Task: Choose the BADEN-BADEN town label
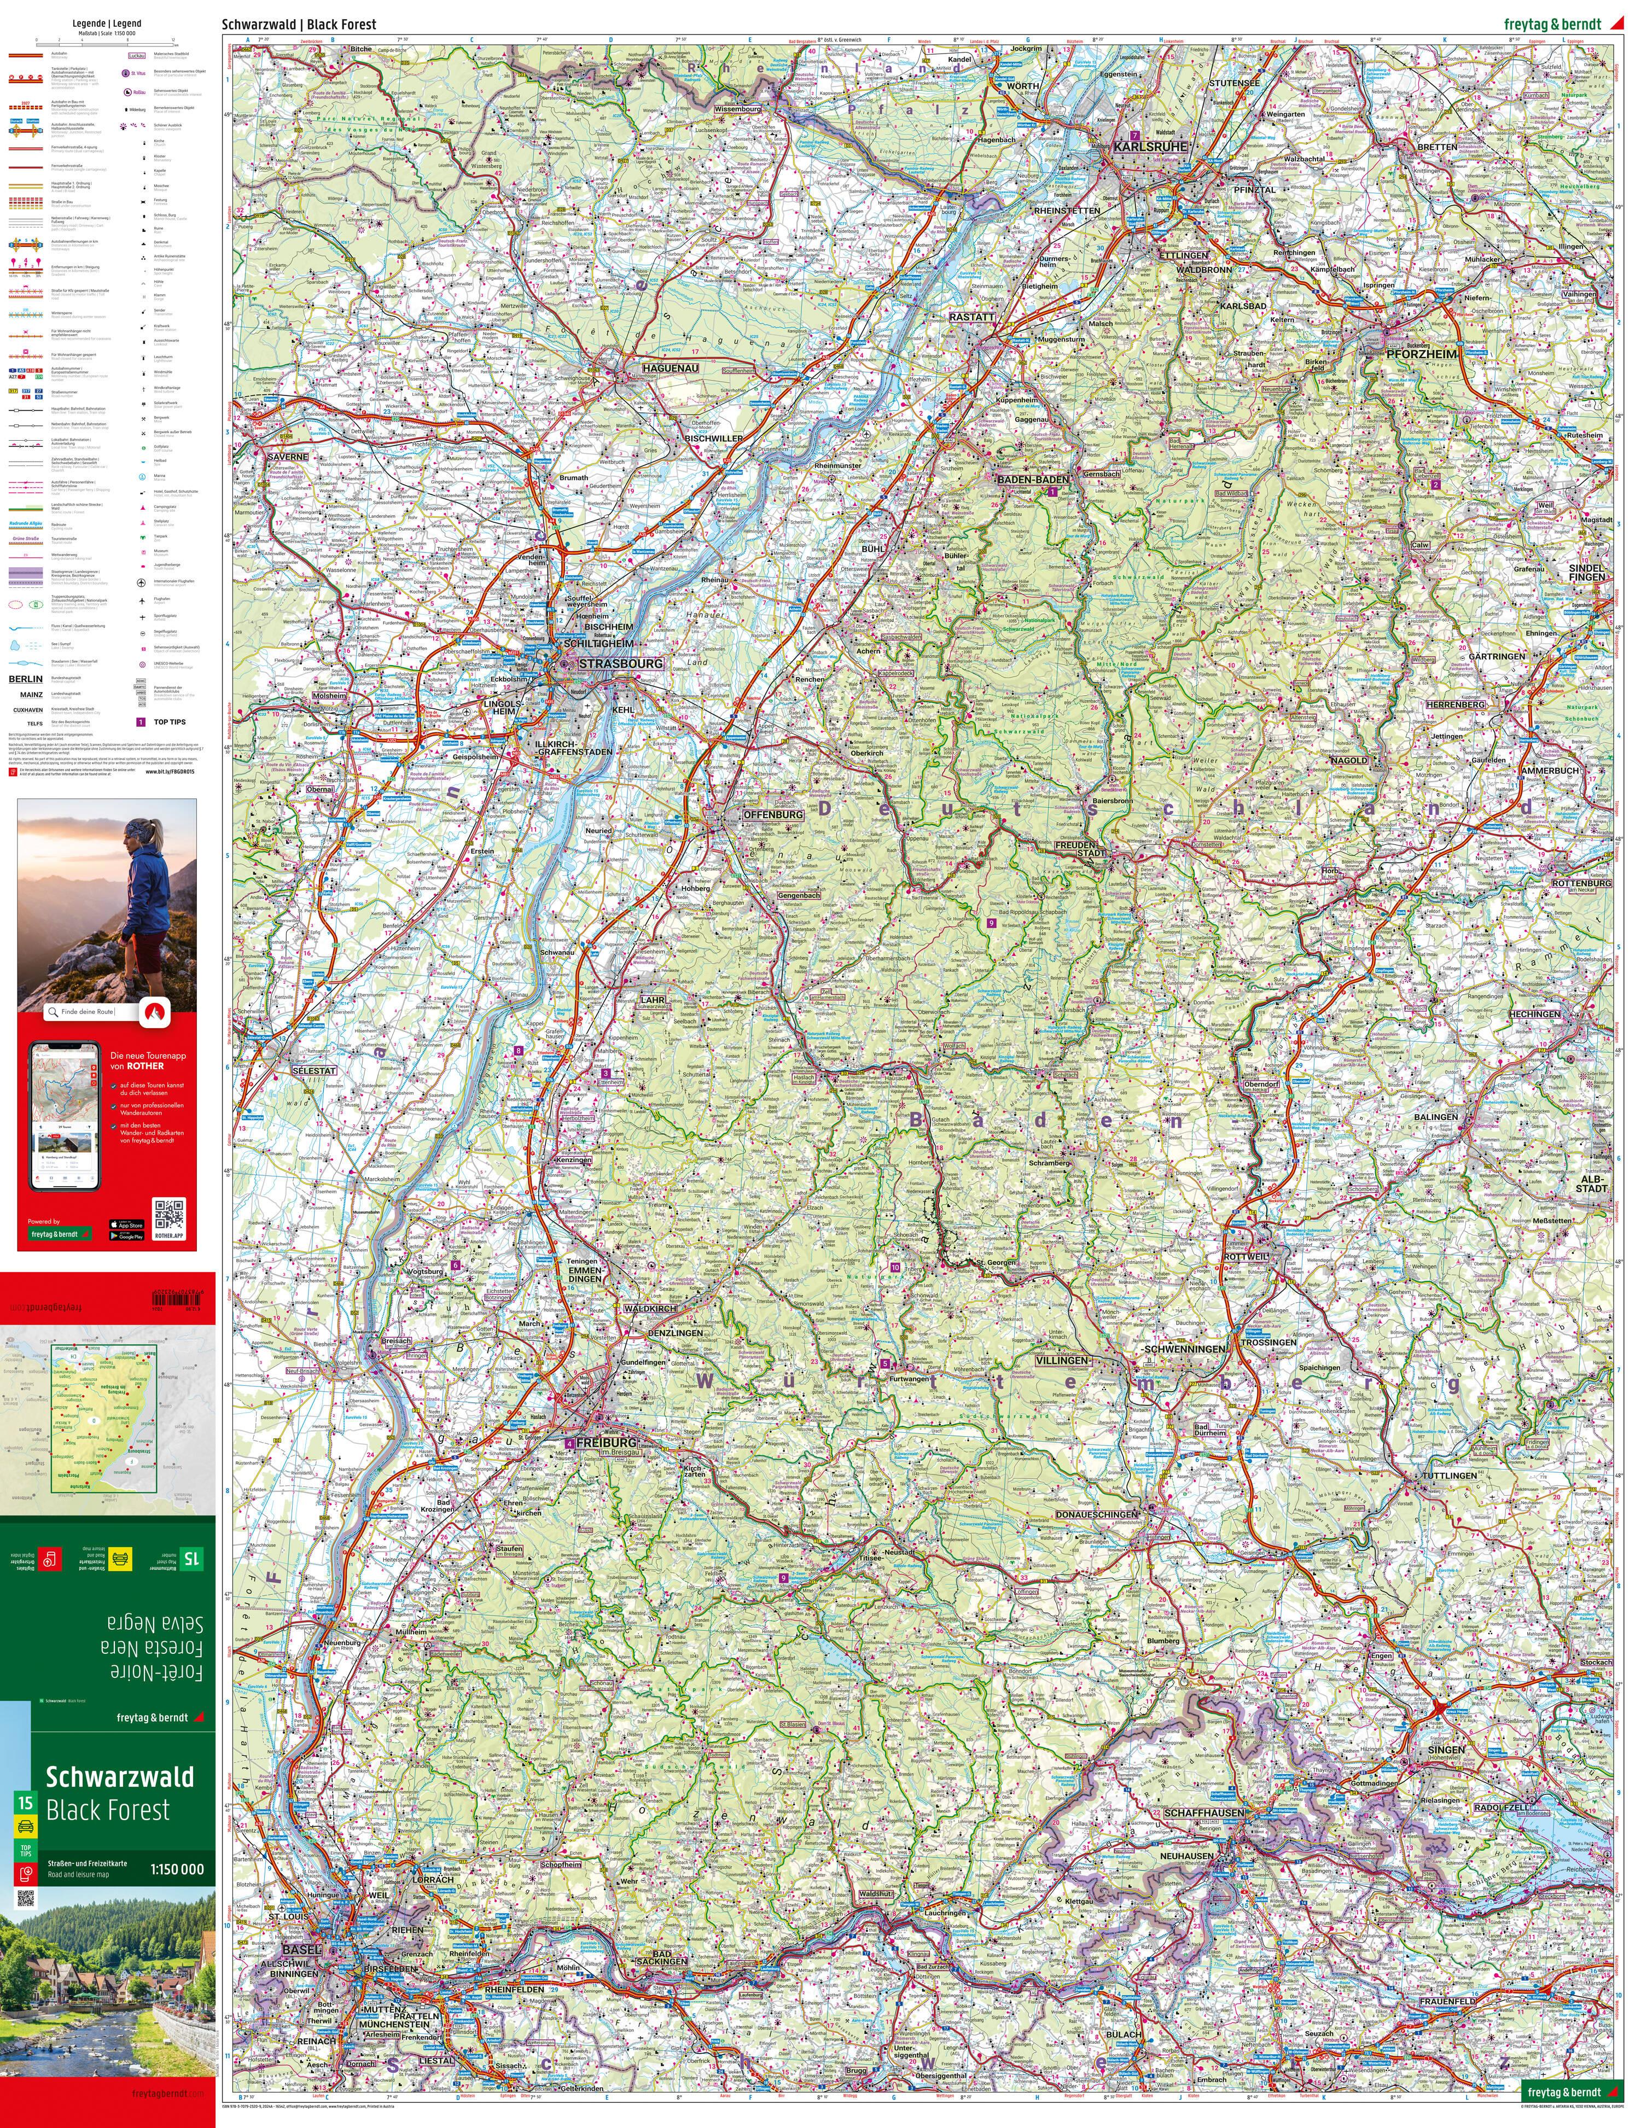click(x=1032, y=480)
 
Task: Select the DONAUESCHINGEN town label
click(x=1096, y=1514)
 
